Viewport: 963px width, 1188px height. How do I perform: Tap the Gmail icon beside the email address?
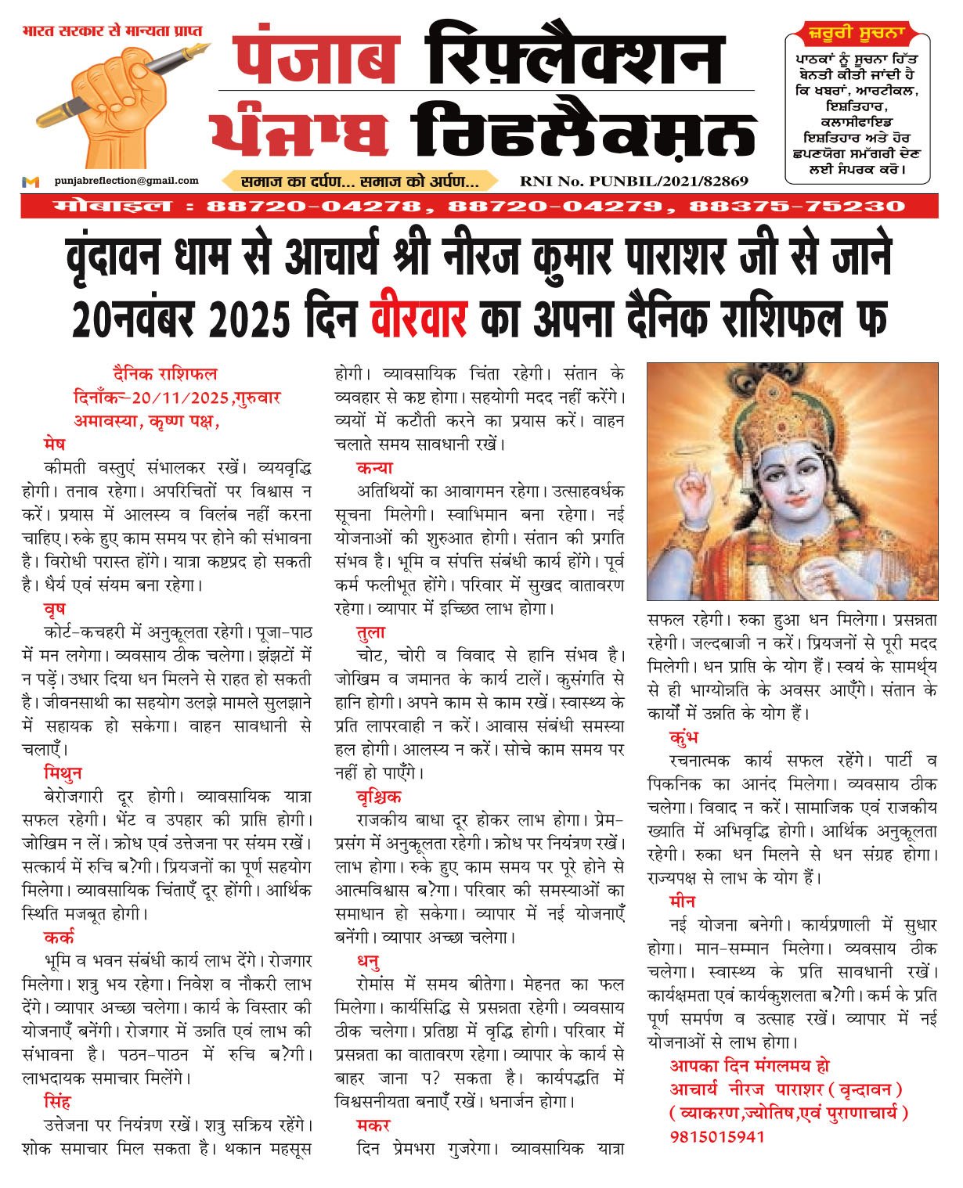pyautogui.click(x=31, y=182)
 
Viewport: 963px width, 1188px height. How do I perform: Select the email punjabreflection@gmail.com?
pyautogui.click(x=126, y=181)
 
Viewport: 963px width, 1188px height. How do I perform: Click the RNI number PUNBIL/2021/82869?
pyautogui.click(x=634, y=182)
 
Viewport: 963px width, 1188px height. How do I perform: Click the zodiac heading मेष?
pyautogui.click(x=55, y=445)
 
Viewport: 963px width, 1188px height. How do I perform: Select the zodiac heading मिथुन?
pyautogui.click(x=63, y=773)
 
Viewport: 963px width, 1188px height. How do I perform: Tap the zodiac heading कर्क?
pyautogui.click(x=59, y=938)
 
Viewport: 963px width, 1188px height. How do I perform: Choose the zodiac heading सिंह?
pyautogui.click(x=57, y=1102)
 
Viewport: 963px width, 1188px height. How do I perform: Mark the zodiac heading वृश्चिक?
pyautogui.click(x=379, y=797)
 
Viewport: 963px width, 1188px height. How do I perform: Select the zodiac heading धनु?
pyautogui.click(x=369, y=961)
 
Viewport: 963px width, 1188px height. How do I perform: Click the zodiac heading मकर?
pyautogui.click(x=373, y=1125)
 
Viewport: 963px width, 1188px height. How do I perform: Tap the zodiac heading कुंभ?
pyautogui.click(x=683, y=737)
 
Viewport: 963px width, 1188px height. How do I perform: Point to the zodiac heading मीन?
pyautogui.click(x=682, y=902)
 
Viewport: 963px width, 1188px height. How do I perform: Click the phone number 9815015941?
pyautogui.click(x=716, y=1136)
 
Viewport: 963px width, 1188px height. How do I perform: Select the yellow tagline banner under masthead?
pyautogui.click(x=359, y=182)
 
